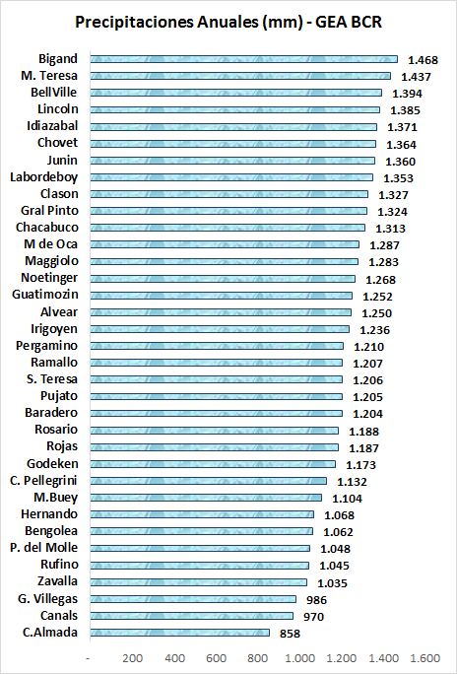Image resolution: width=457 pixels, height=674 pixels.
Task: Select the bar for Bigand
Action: pyautogui.click(x=244, y=59)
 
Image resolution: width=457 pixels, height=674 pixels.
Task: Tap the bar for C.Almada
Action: pyautogui.click(x=180, y=633)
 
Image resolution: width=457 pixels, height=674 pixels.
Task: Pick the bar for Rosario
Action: pyautogui.click(x=215, y=431)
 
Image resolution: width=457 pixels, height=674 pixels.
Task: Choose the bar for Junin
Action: pyautogui.click(x=232, y=161)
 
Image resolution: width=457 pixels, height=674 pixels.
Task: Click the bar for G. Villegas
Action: pyautogui.click(x=193, y=599)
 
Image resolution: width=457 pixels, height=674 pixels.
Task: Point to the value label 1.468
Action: pyautogui.click(x=424, y=60)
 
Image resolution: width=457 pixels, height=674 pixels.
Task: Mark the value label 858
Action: pyautogui.click(x=290, y=634)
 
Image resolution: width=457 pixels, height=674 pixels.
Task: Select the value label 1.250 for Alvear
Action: pyautogui.click(x=377, y=313)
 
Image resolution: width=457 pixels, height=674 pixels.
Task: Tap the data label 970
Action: pyautogui.click(x=313, y=617)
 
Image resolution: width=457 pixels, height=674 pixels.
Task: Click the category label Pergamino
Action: pyautogui.click(x=47, y=346)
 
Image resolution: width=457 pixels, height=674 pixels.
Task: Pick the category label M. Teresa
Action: pyautogui.click(x=49, y=76)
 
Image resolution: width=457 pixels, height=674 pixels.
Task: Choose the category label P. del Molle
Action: pyautogui.click(x=44, y=548)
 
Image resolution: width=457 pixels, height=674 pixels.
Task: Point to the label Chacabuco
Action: pyautogui.click(x=47, y=228)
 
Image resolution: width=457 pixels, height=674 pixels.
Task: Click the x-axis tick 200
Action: pyautogui.click(x=132, y=658)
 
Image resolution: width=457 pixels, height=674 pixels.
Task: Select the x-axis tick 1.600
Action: pyautogui.click(x=424, y=658)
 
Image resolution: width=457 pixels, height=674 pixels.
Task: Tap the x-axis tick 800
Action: pyautogui.click(x=259, y=658)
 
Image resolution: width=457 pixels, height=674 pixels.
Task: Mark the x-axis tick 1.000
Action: pyautogui.click(x=298, y=658)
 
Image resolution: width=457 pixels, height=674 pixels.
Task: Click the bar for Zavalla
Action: pyautogui.click(x=198, y=582)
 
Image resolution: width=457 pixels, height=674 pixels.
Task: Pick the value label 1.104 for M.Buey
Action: pyautogui.click(x=347, y=499)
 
